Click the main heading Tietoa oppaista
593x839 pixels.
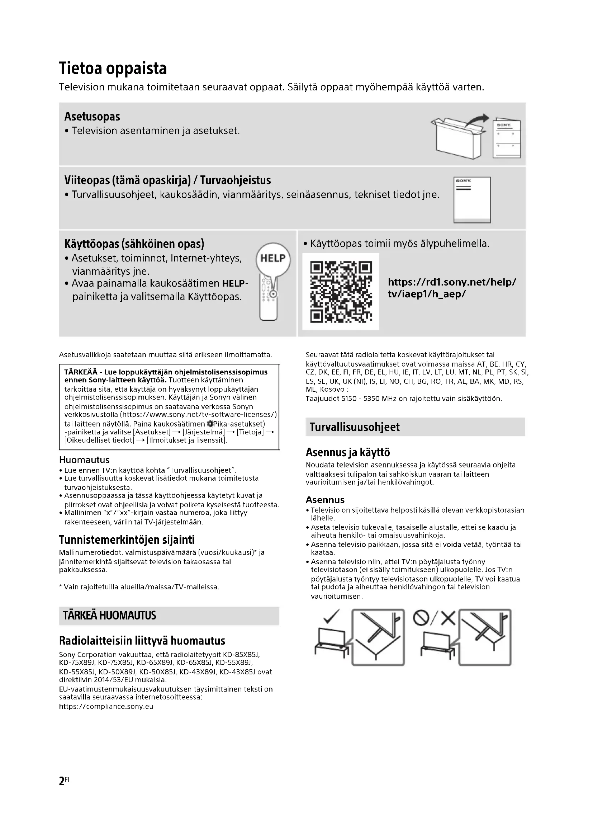point(113,69)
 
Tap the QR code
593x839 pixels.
point(341,292)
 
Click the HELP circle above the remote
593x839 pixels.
point(273,258)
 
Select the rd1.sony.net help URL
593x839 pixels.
point(452,288)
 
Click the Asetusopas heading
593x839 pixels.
point(92,117)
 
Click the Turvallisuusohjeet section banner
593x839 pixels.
point(415,427)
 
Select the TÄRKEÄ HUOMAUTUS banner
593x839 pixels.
point(169,616)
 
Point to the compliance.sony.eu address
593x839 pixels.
point(106,706)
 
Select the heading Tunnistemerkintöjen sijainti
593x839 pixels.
point(127,540)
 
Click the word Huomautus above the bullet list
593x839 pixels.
point(84,460)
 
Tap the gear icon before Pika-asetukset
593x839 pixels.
point(209,424)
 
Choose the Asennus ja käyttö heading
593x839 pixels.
point(348,452)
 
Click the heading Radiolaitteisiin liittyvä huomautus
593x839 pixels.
point(142,641)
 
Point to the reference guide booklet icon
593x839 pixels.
point(472,200)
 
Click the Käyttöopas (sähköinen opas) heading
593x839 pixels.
point(134,244)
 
